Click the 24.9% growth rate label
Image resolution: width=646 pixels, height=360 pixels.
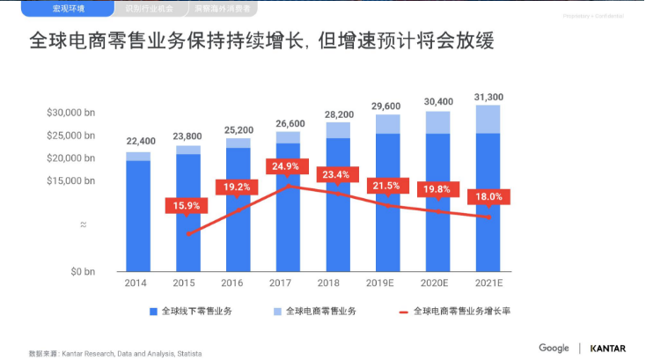tap(286, 166)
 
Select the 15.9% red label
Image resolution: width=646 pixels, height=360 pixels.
tap(186, 206)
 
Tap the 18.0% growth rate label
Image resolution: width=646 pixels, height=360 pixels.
tap(488, 196)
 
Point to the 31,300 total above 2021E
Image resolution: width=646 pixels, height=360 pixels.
tap(488, 97)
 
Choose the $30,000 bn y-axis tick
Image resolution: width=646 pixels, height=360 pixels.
tap(70, 113)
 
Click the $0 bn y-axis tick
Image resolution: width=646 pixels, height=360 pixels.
tap(81, 272)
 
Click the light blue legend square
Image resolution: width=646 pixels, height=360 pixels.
tap(278, 312)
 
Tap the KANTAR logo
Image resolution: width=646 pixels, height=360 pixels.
tap(608, 348)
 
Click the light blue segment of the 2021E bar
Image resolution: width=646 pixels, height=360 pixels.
tap(488, 119)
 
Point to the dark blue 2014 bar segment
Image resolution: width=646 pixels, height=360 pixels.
tap(137, 216)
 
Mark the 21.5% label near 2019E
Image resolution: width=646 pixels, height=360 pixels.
tap(387, 186)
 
